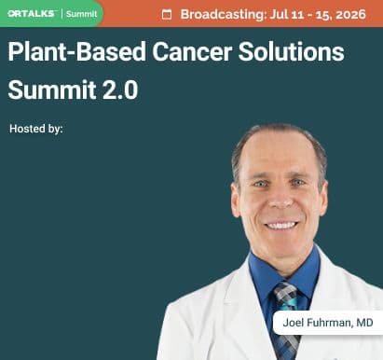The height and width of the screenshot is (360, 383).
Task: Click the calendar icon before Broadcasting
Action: [167, 14]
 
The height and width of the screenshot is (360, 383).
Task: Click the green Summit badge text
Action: [81, 14]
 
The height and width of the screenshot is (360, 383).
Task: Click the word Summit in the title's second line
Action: [48, 90]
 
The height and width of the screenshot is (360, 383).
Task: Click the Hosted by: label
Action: [36, 129]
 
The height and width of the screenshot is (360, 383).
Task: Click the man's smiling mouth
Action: [280, 225]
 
